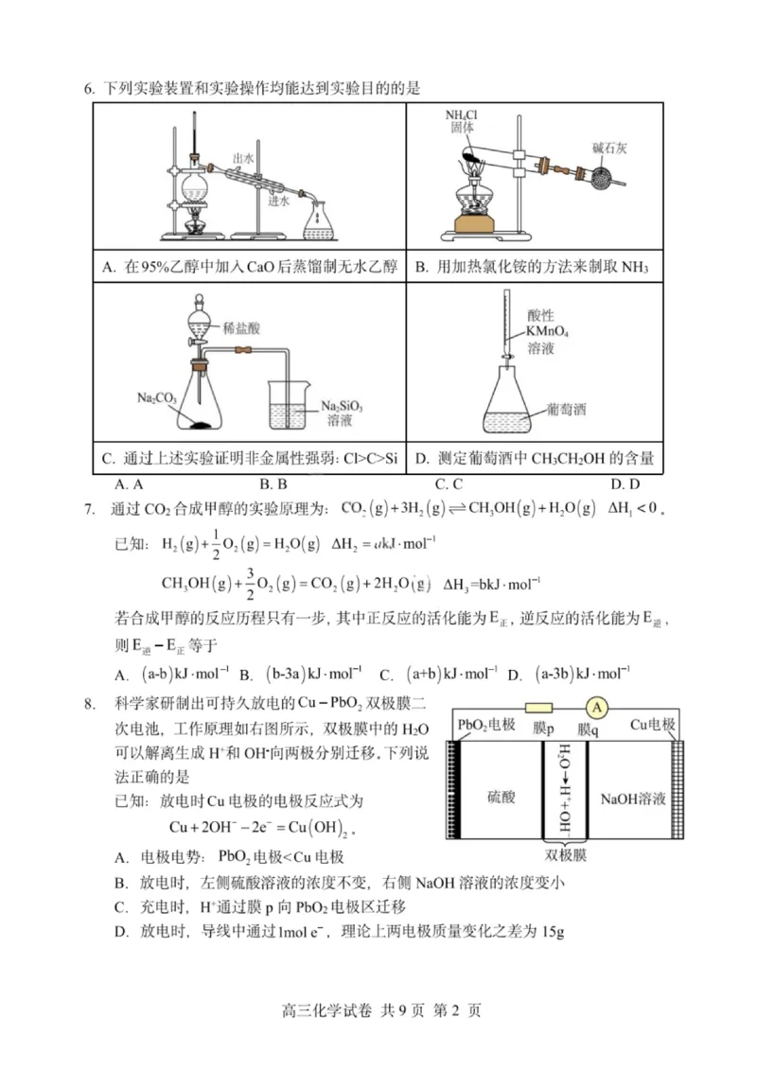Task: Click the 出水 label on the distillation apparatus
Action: [244, 158]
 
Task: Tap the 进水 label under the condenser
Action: [277, 200]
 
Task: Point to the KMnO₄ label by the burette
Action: [550, 332]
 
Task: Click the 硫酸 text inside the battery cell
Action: [502, 798]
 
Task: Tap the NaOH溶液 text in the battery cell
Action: [633, 798]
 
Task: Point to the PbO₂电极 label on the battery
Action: [486, 726]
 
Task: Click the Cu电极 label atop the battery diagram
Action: [654, 726]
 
